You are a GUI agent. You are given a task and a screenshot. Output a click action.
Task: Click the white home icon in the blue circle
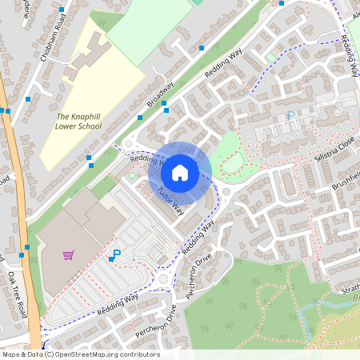(x=180, y=172)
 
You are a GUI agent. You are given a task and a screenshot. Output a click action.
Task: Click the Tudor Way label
(x=171, y=199)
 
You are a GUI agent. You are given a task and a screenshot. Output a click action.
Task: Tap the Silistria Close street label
(x=334, y=148)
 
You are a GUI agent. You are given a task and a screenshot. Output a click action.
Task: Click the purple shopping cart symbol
(x=68, y=255)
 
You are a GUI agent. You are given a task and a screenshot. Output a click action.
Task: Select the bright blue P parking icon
(x=116, y=255)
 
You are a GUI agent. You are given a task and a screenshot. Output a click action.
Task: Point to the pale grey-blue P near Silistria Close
(x=290, y=116)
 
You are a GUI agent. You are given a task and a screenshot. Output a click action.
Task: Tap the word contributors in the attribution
(x=138, y=354)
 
